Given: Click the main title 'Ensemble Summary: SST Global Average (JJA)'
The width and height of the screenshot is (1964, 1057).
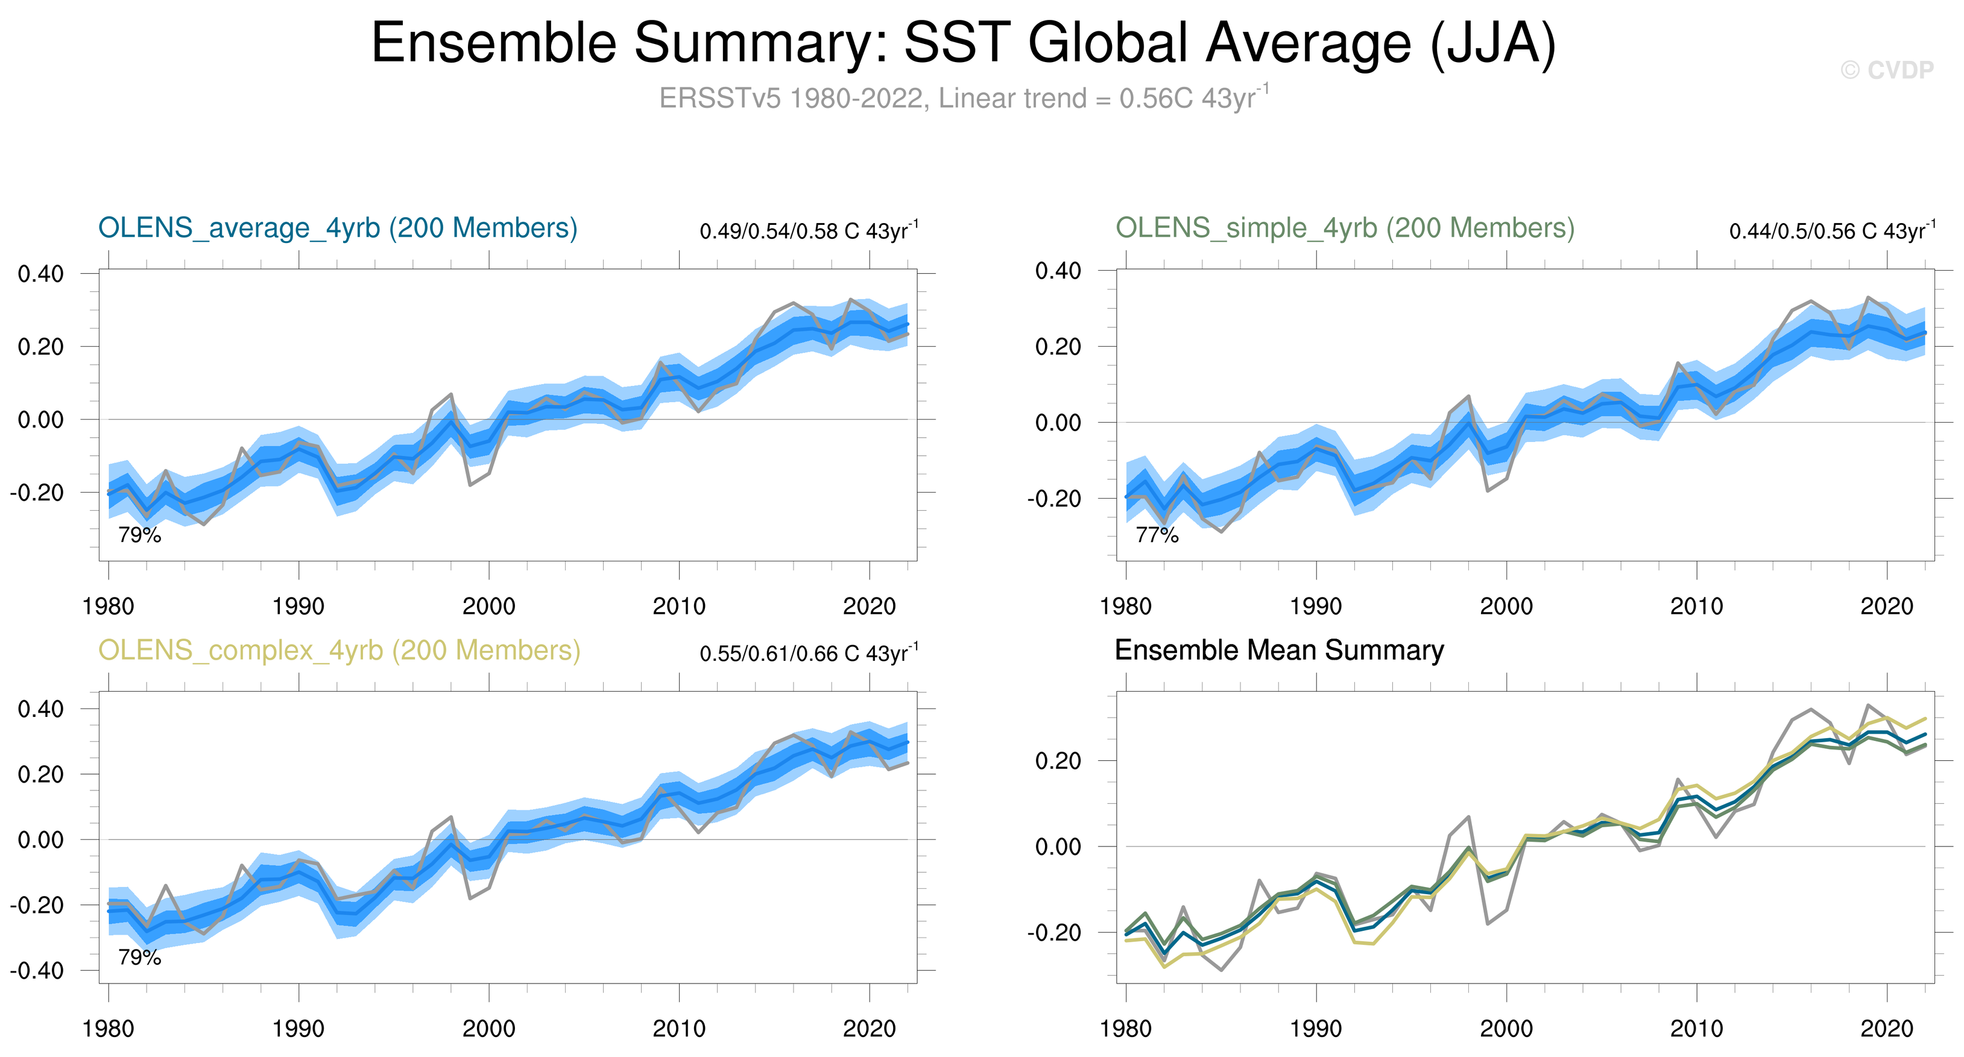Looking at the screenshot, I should pos(963,43).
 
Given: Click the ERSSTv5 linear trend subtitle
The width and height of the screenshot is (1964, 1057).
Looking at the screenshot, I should pos(963,98).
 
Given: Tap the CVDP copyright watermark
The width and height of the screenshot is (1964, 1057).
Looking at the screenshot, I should pos(1886,70).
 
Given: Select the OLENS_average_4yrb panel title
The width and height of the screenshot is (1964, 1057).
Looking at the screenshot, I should pos(338,228).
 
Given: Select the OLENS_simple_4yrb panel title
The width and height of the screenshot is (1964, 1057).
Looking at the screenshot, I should pos(1345,228).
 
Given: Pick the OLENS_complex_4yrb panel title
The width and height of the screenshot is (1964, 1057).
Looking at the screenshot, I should pos(339,651).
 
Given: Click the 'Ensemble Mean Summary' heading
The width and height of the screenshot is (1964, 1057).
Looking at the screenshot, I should pos(1278,651).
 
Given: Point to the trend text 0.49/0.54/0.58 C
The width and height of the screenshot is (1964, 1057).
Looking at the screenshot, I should pos(808,231).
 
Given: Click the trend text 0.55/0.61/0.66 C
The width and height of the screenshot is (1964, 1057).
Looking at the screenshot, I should pos(808,654).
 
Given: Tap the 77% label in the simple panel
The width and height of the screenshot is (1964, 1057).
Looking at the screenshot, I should pos(1157,535).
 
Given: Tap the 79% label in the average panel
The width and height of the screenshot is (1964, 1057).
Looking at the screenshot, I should pos(139,535).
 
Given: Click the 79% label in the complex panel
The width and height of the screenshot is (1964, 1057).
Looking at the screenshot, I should pos(139,957).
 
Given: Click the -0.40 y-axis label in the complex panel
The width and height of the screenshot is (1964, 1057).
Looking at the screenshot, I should pos(37,971).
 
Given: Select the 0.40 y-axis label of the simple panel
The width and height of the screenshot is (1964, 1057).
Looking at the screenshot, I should pos(1058,271).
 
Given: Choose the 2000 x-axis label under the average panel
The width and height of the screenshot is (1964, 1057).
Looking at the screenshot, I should pos(488,607).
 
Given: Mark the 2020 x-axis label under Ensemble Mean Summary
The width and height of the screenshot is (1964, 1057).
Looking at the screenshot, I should pos(1886,1029).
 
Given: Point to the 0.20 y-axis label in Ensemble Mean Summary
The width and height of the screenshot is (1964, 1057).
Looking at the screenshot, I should pos(1058,761).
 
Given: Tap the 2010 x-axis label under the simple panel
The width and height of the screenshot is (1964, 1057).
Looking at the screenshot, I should pos(1696,607).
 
